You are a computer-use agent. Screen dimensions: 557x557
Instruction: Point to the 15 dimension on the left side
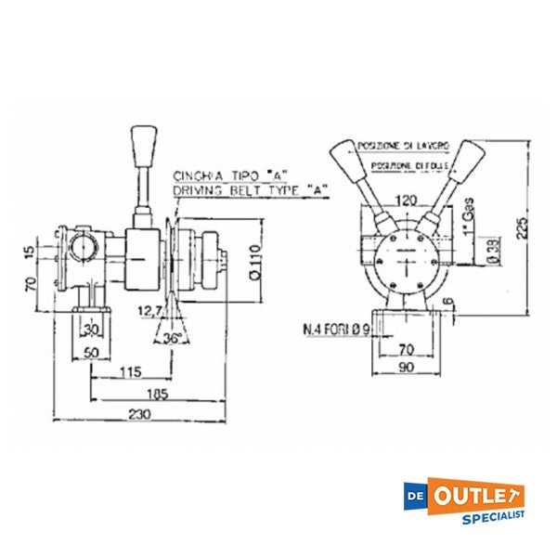pos(31,253)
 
